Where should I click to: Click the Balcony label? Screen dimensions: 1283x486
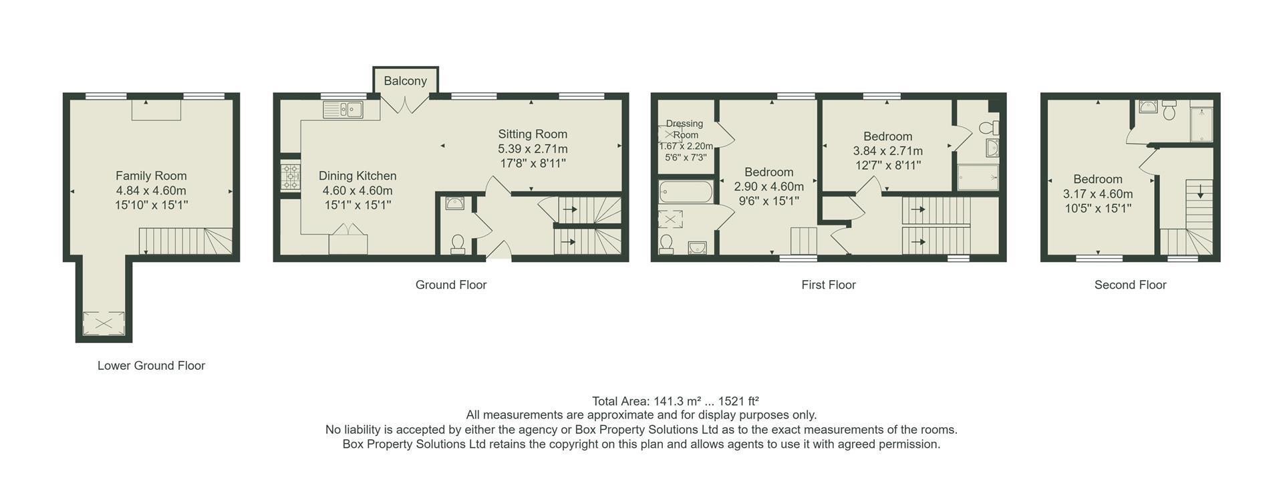pyautogui.click(x=405, y=81)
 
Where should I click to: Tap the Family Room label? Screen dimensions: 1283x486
pyautogui.click(x=151, y=176)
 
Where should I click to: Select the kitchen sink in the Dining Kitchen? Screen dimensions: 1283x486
pyautogui.click(x=342, y=109)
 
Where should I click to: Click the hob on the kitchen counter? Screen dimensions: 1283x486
pyautogui.click(x=291, y=176)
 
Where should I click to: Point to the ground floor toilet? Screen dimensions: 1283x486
pyautogui.click(x=458, y=245)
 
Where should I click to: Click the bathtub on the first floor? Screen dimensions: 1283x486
pyautogui.click(x=685, y=193)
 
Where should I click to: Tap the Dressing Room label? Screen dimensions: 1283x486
pyautogui.click(x=685, y=129)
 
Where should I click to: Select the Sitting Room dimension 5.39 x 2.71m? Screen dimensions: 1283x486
pyautogui.click(x=533, y=148)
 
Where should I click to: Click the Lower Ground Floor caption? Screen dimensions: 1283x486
pyautogui.click(x=151, y=366)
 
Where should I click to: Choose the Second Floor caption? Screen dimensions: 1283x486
pyautogui.click(x=1130, y=285)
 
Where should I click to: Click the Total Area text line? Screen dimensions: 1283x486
pyautogui.click(x=675, y=401)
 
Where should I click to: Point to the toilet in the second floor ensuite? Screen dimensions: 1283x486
pyautogui.click(x=1169, y=110)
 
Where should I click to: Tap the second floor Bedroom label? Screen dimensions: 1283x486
pyautogui.click(x=1098, y=179)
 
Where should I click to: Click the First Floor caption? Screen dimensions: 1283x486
pyautogui.click(x=829, y=285)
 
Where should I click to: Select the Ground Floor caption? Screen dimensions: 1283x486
pyautogui.click(x=451, y=285)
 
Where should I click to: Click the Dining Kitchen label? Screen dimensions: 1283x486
pyautogui.click(x=358, y=176)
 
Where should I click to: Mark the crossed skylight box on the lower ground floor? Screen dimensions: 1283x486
pyautogui.click(x=104, y=324)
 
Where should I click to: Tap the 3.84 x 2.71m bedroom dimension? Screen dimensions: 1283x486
pyautogui.click(x=888, y=151)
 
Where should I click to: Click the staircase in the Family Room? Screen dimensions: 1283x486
pyautogui.click(x=186, y=241)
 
